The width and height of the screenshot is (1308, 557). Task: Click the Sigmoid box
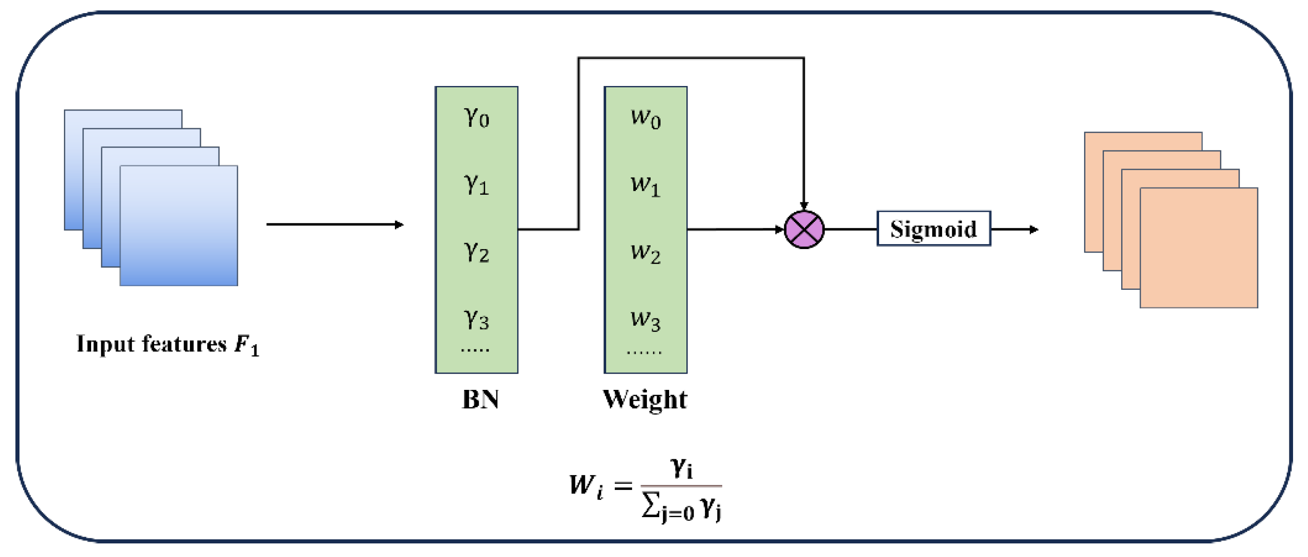pyautogui.click(x=933, y=229)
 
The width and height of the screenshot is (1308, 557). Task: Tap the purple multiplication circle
pyautogui.click(x=804, y=230)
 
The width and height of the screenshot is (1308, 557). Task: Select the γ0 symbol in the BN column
pyautogui.click(x=477, y=117)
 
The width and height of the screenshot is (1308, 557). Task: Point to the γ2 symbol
pyautogui.click(x=477, y=252)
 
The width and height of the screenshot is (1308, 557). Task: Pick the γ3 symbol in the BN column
pyautogui.click(x=477, y=320)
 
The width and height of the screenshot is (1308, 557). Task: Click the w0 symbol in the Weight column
pyautogui.click(x=645, y=118)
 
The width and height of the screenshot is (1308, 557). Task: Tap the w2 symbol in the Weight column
pyautogui.click(x=645, y=252)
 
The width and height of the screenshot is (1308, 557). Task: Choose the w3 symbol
pyautogui.click(x=645, y=320)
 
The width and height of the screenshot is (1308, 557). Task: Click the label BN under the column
pyautogui.click(x=480, y=399)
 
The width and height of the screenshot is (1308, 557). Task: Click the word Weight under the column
pyautogui.click(x=645, y=399)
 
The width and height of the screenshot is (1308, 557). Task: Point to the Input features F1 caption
pyautogui.click(x=168, y=345)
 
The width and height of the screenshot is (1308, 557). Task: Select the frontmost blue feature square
pyautogui.click(x=179, y=226)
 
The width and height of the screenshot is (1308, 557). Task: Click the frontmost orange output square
pyautogui.click(x=1198, y=248)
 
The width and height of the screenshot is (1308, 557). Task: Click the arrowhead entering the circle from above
pyautogui.click(x=804, y=205)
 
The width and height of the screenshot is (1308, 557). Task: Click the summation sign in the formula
pyautogui.click(x=650, y=506)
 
